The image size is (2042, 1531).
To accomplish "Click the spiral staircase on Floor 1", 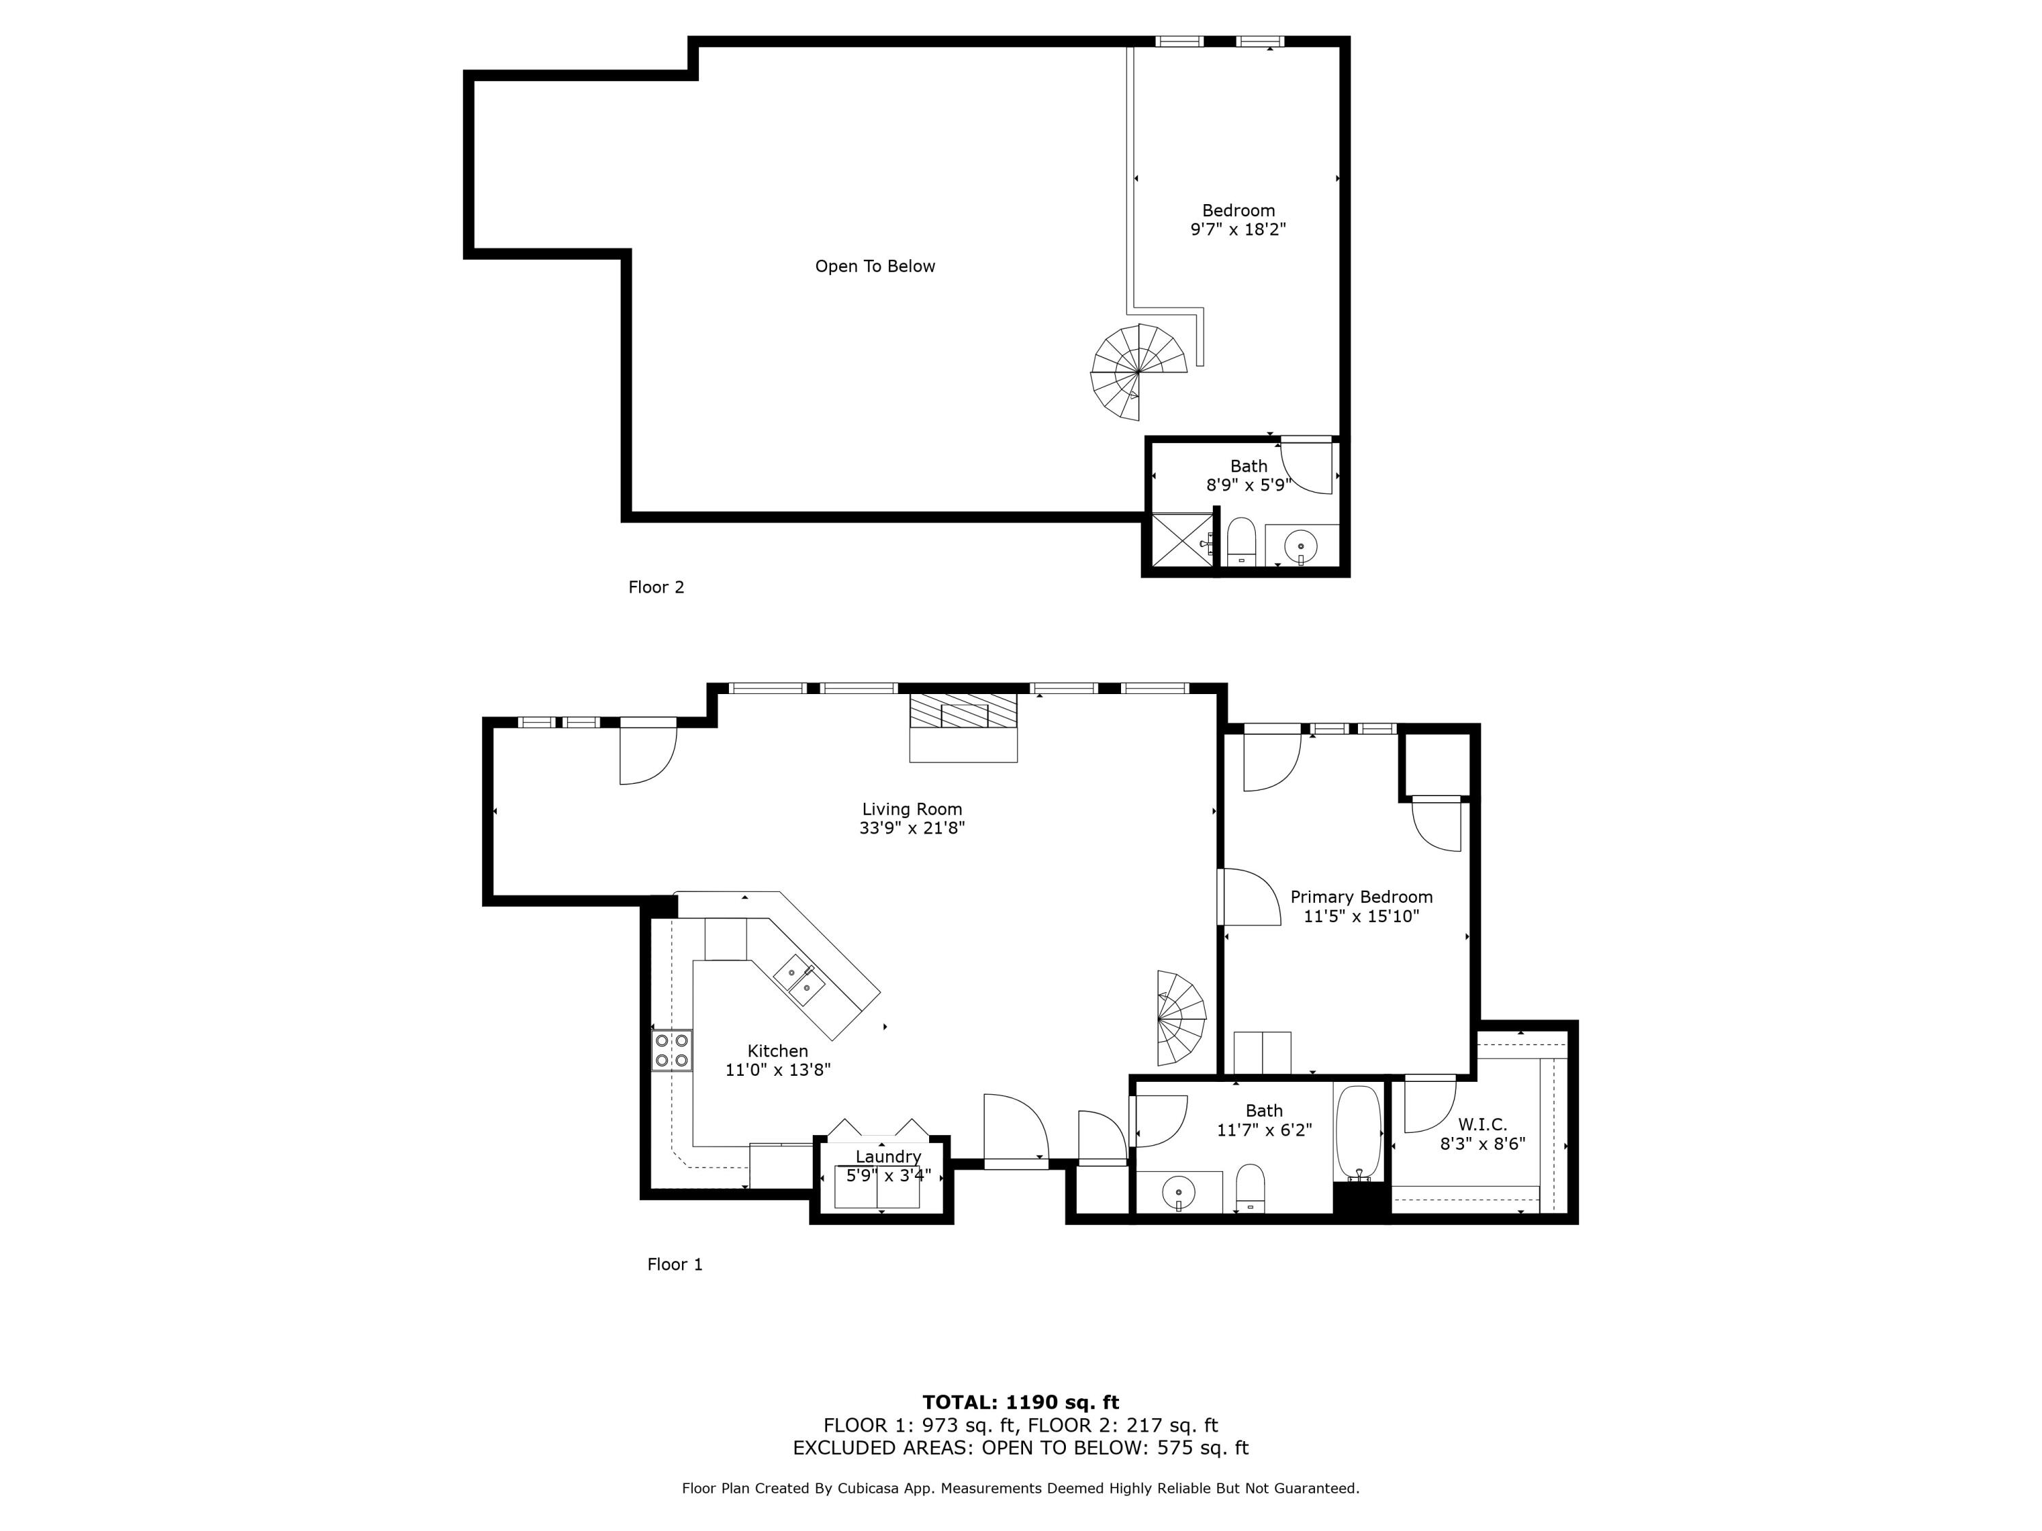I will pos(1181,1018).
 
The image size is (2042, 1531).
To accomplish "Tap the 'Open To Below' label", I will pos(874,267).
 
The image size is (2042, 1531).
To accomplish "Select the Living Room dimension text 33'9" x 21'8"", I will pos(911,829).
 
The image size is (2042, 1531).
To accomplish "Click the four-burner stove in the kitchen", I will pos(671,1050).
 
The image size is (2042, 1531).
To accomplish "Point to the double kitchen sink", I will pos(800,979).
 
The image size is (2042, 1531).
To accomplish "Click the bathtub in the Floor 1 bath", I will pos(1358,1132).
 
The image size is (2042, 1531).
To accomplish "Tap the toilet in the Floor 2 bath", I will pos(1241,542).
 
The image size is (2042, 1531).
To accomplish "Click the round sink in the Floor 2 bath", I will pos(1300,546).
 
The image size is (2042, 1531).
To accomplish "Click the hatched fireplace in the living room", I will pos(963,712).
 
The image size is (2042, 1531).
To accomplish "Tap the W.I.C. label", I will pos(1482,1124).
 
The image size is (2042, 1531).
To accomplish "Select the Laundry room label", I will pos(887,1156).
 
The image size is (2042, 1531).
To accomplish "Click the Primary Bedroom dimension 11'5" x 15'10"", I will pos(1361,917).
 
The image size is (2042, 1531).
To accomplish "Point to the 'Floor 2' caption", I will pos(655,587).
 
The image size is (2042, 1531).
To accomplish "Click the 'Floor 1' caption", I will pos(674,1264).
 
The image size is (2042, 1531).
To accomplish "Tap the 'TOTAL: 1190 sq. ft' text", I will pos(1020,1402).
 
